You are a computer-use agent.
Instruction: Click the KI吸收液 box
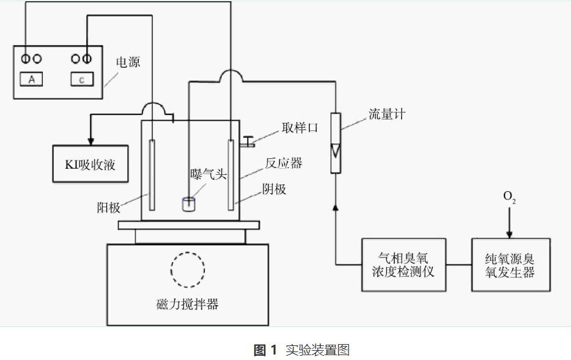(x=90, y=164)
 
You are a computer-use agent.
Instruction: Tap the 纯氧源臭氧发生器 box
(x=510, y=264)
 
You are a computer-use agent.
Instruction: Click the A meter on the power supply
(x=32, y=78)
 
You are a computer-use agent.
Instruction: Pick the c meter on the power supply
(x=82, y=78)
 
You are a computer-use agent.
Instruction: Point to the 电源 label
(x=128, y=62)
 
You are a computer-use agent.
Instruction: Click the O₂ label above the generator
(x=509, y=197)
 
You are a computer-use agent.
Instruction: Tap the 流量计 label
(x=386, y=114)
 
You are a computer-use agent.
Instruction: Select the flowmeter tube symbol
(x=336, y=142)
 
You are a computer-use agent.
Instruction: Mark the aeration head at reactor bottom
(x=189, y=204)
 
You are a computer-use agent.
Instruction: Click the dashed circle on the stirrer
(x=188, y=268)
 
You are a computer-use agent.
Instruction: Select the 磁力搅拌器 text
(x=187, y=304)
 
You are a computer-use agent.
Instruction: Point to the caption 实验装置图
(x=317, y=350)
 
